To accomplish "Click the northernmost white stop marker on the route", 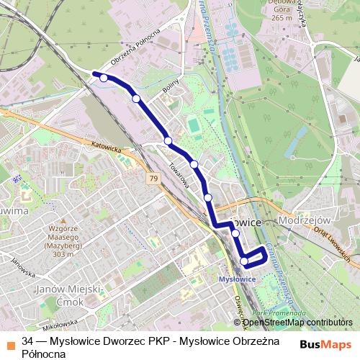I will coord(104,78).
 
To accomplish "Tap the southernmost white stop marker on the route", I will coord(244,261).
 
